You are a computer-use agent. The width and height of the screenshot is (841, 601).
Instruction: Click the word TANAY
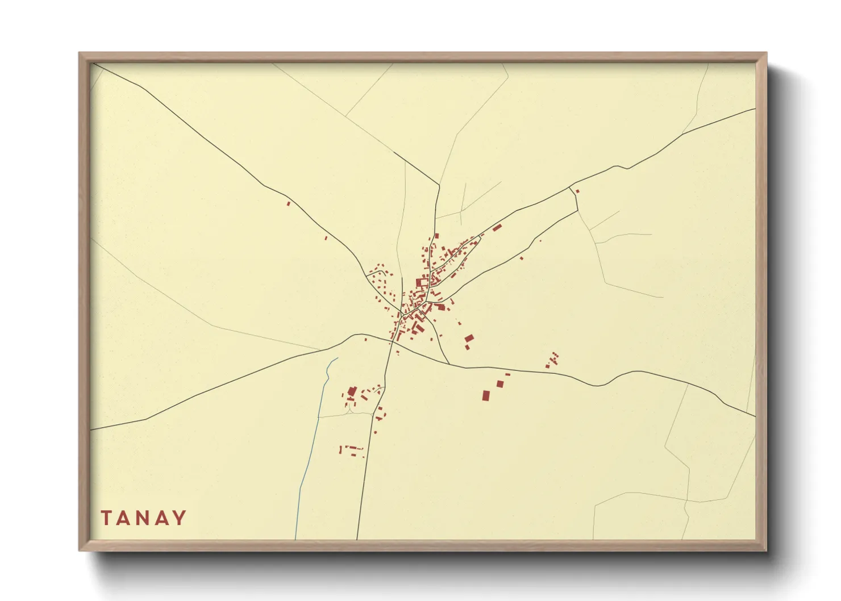click(144, 518)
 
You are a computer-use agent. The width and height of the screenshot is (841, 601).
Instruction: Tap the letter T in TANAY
click(106, 518)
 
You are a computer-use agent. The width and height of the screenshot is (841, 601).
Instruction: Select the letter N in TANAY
click(143, 518)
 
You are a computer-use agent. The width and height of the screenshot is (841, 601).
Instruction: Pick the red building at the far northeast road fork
click(577, 191)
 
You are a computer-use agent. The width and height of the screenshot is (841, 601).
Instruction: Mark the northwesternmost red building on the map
click(288, 203)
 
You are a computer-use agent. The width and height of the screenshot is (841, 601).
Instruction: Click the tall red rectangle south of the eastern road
click(486, 395)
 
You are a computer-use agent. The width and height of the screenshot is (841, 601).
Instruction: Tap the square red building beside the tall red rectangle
click(499, 384)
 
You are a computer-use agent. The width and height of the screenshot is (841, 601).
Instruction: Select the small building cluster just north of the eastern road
click(552, 360)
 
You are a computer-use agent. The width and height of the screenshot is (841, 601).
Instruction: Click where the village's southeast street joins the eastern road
click(449, 364)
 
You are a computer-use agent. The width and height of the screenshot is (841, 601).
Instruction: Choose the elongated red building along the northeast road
click(497, 228)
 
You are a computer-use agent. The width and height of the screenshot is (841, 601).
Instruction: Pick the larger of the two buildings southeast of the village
click(469, 339)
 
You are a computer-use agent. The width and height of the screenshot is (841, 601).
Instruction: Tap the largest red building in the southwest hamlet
click(352, 391)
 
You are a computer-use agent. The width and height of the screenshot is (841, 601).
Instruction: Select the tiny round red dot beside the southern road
click(375, 433)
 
